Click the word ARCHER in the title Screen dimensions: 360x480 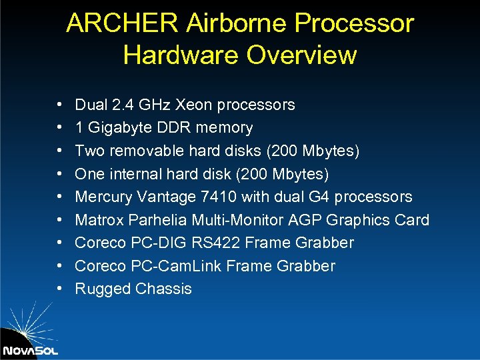pyautogui.click(x=122, y=24)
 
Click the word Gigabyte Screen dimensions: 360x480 pyautogui.click(x=117, y=128)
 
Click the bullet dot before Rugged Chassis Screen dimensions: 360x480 pyautogui.click(x=59, y=289)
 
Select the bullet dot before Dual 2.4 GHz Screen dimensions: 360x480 pyautogui.click(x=59, y=105)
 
